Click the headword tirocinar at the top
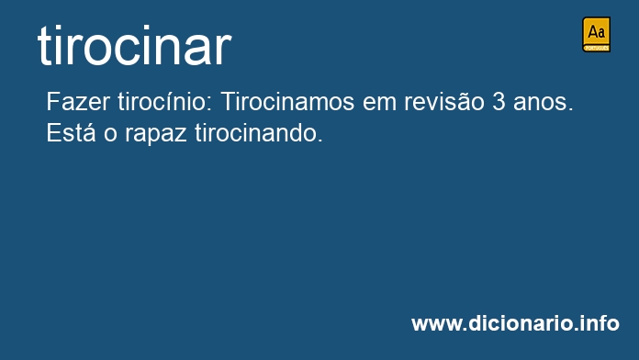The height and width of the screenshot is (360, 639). click(x=133, y=47)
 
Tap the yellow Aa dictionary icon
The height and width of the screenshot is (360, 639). click(x=596, y=34)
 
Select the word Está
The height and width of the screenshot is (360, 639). click(x=69, y=133)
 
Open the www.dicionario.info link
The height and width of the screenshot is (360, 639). click(x=514, y=323)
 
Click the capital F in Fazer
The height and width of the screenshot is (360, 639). click(x=52, y=102)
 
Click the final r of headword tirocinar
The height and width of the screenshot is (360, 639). click(x=221, y=51)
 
